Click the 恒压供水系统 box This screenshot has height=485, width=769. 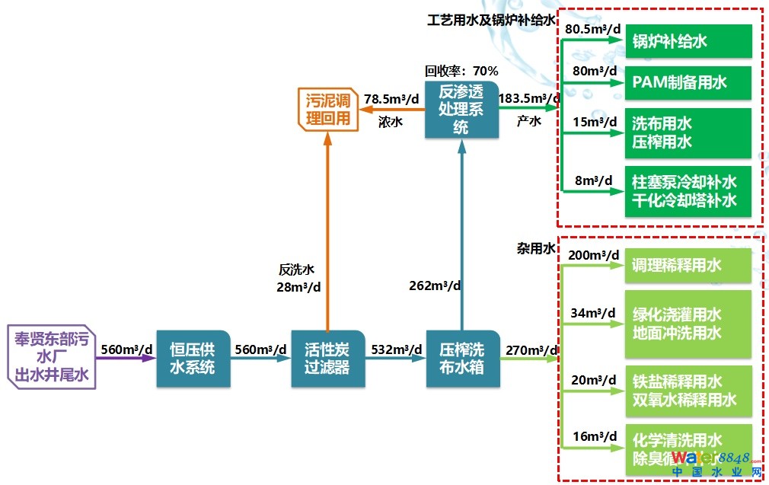[x=193, y=358]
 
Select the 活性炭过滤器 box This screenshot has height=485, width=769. [x=328, y=358]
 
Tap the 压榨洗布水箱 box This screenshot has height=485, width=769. [x=461, y=358]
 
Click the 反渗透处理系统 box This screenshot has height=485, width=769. [x=461, y=110]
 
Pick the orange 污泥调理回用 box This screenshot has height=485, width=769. [x=327, y=109]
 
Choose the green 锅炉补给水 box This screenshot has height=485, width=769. [x=688, y=41]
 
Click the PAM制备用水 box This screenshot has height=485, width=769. [x=688, y=83]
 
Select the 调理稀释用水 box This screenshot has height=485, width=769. [x=688, y=266]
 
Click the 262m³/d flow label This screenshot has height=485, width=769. [x=434, y=286]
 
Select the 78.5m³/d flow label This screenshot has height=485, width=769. [x=391, y=99]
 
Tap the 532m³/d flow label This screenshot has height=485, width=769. [x=397, y=349]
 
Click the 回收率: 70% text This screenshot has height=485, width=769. [x=461, y=71]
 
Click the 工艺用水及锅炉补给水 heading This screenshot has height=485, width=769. [x=491, y=20]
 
